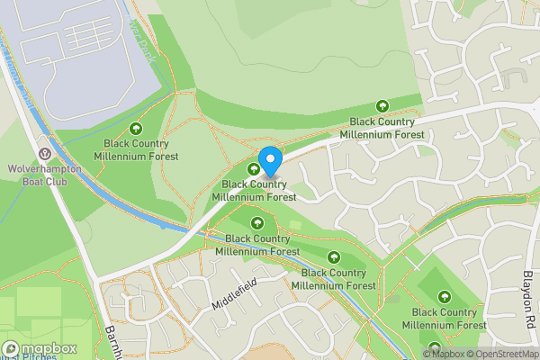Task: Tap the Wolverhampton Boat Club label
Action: point(44,174)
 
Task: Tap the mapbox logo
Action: point(39,348)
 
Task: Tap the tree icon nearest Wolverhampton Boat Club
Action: point(136,129)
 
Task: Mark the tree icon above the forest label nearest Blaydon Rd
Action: point(445,296)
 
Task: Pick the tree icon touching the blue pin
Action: point(253,167)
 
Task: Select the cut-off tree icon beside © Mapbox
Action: point(436,347)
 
